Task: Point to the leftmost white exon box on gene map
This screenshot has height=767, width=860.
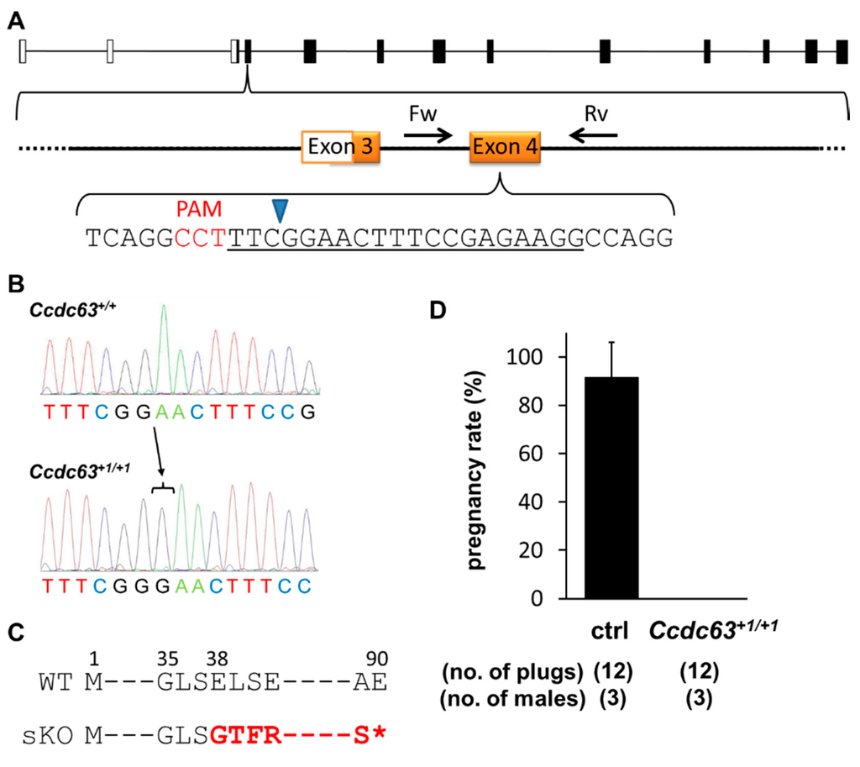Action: [x=23, y=51]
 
